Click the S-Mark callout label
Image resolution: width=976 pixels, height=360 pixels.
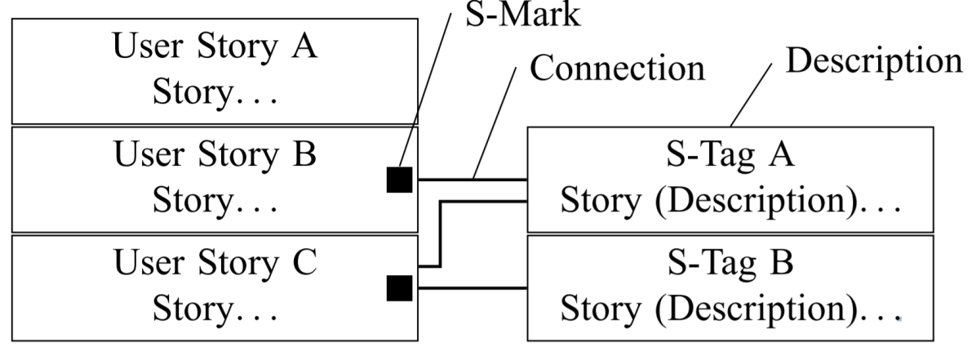[x=523, y=15]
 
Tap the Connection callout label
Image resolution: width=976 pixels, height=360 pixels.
[x=617, y=68]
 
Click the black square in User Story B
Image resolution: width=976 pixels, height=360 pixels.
[x=400, y=180]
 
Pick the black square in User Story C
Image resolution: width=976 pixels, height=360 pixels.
[x=400, y=288]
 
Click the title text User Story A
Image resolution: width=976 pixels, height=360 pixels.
[x=215, y=46]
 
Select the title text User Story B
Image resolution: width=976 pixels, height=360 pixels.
[x=215, y=153]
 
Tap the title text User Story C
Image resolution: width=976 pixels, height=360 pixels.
[x=215, y=262]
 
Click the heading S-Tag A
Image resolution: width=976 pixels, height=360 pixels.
[x=730, y=153]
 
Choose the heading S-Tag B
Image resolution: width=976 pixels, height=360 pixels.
[x=730, y=262]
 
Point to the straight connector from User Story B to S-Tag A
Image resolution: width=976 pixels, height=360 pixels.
[x=472, y=180]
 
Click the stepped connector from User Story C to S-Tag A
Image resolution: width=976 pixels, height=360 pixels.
[x=441, y=233]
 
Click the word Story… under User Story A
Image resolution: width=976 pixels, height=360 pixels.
[x=215, y=93]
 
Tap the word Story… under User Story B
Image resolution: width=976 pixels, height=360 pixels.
[x=215, y=201]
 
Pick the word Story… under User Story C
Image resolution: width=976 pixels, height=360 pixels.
[x=215, y=309]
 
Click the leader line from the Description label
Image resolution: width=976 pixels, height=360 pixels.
[x=752, y=95]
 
